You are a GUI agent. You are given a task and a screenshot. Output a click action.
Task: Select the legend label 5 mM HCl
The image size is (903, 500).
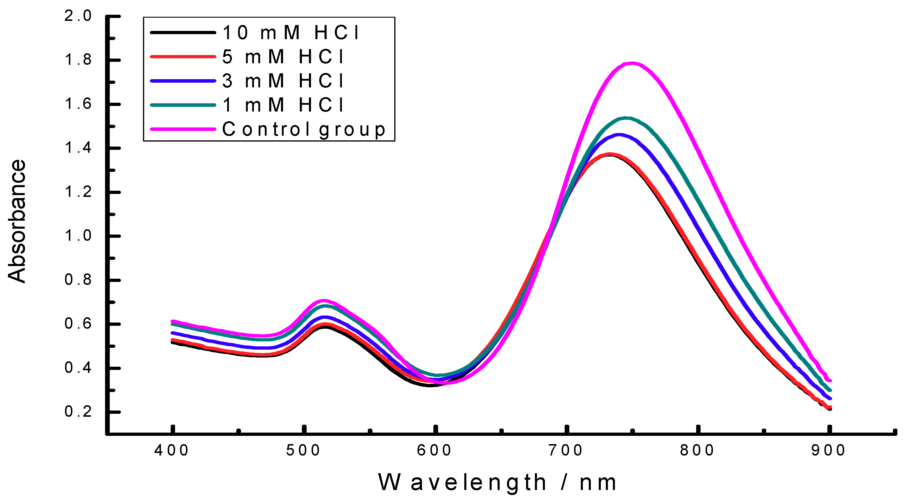click(283, 57)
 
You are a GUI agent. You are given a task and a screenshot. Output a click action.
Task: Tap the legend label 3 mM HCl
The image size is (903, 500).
click(283, 81)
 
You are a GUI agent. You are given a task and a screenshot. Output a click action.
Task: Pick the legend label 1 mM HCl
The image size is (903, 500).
click(283, 105)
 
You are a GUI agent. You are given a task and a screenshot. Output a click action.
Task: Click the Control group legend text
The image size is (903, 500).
click(304, 129)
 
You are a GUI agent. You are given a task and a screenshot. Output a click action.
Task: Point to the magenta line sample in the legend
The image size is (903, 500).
click(183, 129)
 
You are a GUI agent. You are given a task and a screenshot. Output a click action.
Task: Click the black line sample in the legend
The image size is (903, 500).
click(183, 33)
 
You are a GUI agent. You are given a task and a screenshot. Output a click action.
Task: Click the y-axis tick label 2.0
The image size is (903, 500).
click(78, 16)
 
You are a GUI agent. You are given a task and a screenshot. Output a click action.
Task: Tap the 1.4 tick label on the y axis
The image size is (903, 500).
click(78, 148)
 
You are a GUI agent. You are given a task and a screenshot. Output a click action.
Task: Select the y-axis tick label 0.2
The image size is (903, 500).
click(78, 412)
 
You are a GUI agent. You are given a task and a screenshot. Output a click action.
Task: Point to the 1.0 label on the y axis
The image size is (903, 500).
click(78, 236)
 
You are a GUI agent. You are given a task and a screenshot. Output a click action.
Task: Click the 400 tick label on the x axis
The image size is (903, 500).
click(172, 451)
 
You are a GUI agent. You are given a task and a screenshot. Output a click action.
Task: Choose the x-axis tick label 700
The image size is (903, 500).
click(566, 451)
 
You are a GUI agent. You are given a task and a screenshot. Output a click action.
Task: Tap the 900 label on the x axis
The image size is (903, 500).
click(829, 451)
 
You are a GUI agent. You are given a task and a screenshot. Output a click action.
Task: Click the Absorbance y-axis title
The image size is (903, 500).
click(17, 221)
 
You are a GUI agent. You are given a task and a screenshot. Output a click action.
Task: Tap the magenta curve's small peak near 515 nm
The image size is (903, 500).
click(324, 300)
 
